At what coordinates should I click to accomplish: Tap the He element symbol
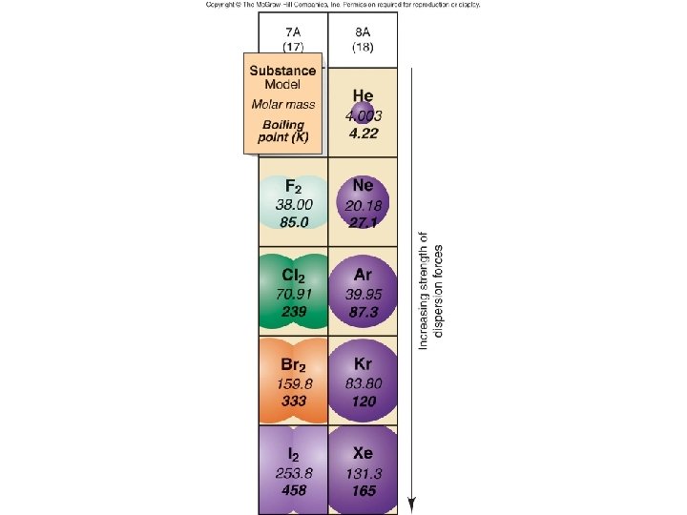coord(363,95)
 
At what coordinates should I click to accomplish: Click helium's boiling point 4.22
coord(364,134)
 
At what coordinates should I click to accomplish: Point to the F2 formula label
coord(293,186)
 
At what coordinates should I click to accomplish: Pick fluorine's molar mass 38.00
coord(293,203)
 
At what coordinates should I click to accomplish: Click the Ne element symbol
coord(363,186)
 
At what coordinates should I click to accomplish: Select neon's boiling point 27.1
coord(363,221)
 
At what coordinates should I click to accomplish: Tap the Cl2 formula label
coord(293,275)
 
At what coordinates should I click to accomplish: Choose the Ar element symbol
coord(363,275)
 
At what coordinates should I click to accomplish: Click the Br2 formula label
coord(293,365)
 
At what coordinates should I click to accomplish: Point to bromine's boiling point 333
coord(293,402)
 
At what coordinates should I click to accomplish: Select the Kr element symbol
coord(363,365)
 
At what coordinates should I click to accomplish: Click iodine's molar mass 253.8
coord(293,473)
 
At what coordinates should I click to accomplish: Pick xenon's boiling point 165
coord(363,491)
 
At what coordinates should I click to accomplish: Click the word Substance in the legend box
coord(283,71)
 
